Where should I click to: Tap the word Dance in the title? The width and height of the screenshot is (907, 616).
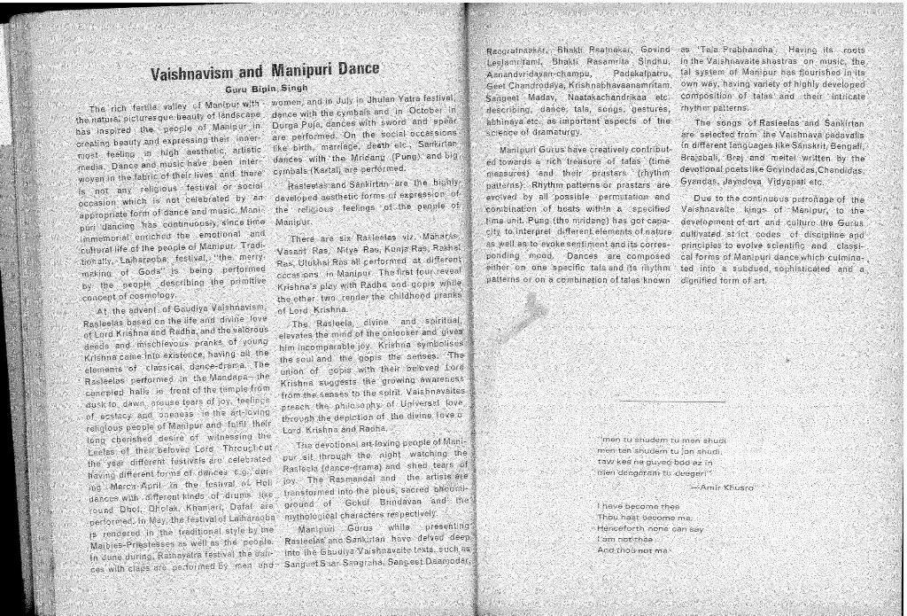[356, 69]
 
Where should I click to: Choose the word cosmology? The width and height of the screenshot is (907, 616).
[145, 294]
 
